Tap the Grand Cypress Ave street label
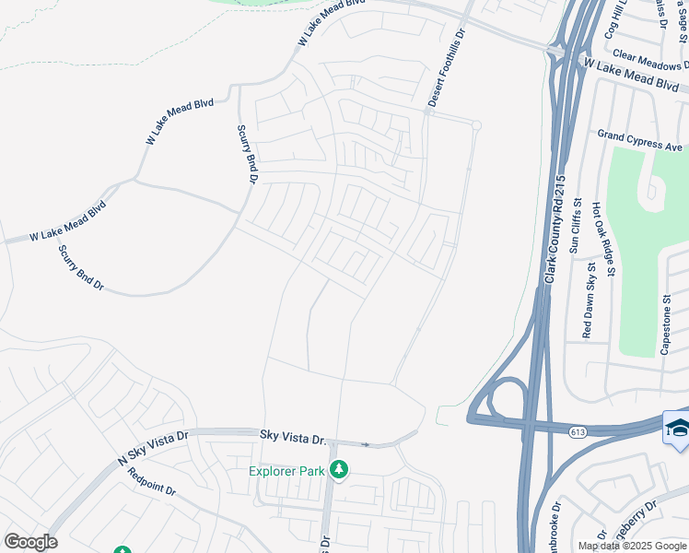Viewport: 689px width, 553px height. click(639, 140)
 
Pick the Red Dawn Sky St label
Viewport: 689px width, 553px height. click(588, 300)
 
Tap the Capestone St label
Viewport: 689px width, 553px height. click(666, 325)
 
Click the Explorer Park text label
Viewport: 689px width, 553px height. click(286, 471)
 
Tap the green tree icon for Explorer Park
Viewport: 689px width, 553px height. click(339, 470)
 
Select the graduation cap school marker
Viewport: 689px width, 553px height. click(676, 427)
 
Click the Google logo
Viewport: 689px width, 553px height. click(30, 542)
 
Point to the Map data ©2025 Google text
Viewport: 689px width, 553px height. click(632, 546)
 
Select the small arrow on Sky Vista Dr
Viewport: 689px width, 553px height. click(366, 444)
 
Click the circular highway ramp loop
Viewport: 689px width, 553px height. click(503, 399)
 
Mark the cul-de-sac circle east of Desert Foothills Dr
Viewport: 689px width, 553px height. click(476, 124)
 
